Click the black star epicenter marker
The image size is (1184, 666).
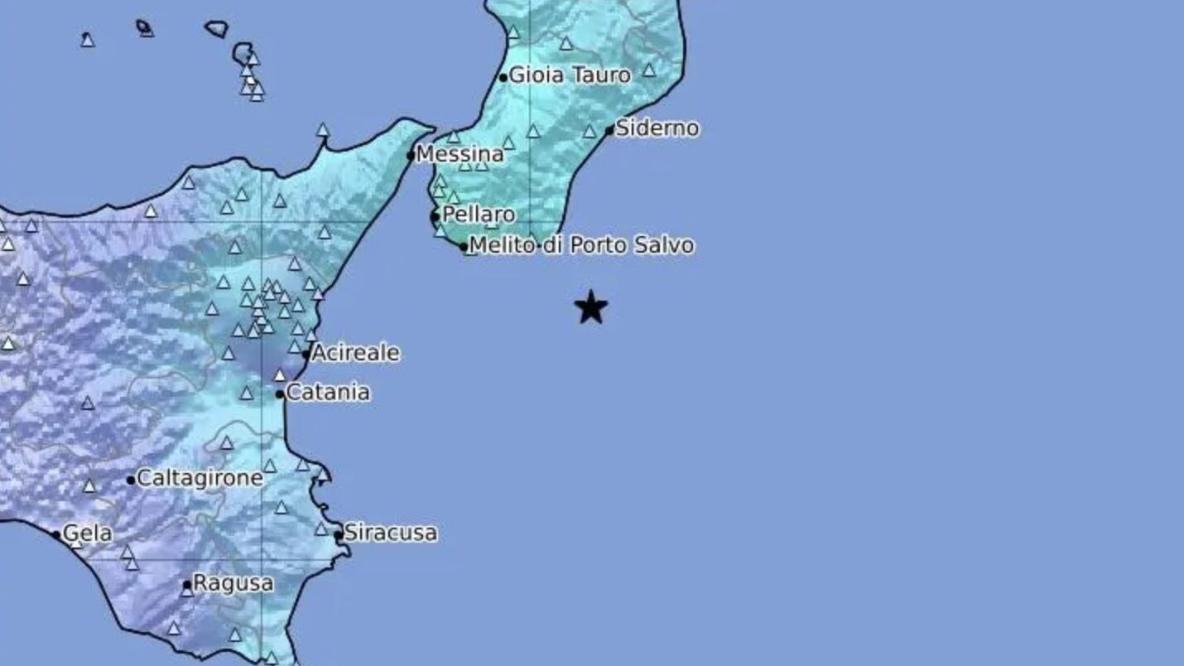(590, 307)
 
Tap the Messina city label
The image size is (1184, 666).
(460, 154)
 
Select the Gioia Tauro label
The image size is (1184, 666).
(570, 75)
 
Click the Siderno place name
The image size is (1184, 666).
(657, 128)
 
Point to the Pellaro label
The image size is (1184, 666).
(479, 215)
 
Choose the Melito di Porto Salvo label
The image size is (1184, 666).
(581, 245)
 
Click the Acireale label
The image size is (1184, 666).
(355, 353)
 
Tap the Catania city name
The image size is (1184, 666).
(328, 392)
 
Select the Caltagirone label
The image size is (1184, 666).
(200, 478)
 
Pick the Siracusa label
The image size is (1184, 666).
(391, 533)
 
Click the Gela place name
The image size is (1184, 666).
(87, 533)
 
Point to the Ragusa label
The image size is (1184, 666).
(233, 583)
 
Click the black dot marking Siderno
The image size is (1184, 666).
(609, 130)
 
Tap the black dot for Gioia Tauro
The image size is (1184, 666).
(503, 78)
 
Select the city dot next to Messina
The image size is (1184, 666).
(411, 156)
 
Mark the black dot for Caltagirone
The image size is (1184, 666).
(131, 480)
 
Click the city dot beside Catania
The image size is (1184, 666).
(280, 393)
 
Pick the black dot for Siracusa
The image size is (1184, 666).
(339, 534)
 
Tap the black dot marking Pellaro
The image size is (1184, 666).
(435, 217)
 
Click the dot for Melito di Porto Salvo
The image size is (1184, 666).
(464, 247)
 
